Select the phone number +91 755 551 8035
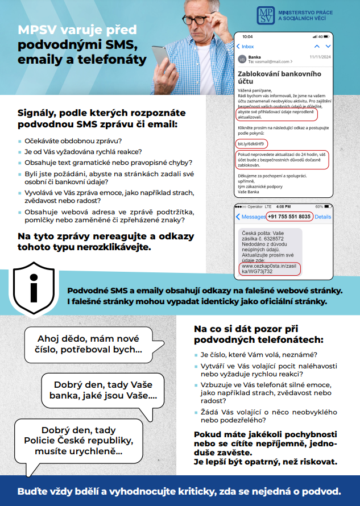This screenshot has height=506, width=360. point(289,217)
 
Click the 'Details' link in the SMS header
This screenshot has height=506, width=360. point(322,217)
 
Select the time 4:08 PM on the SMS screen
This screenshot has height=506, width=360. point(283,206)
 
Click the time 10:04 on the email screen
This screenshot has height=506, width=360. point(247,36)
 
